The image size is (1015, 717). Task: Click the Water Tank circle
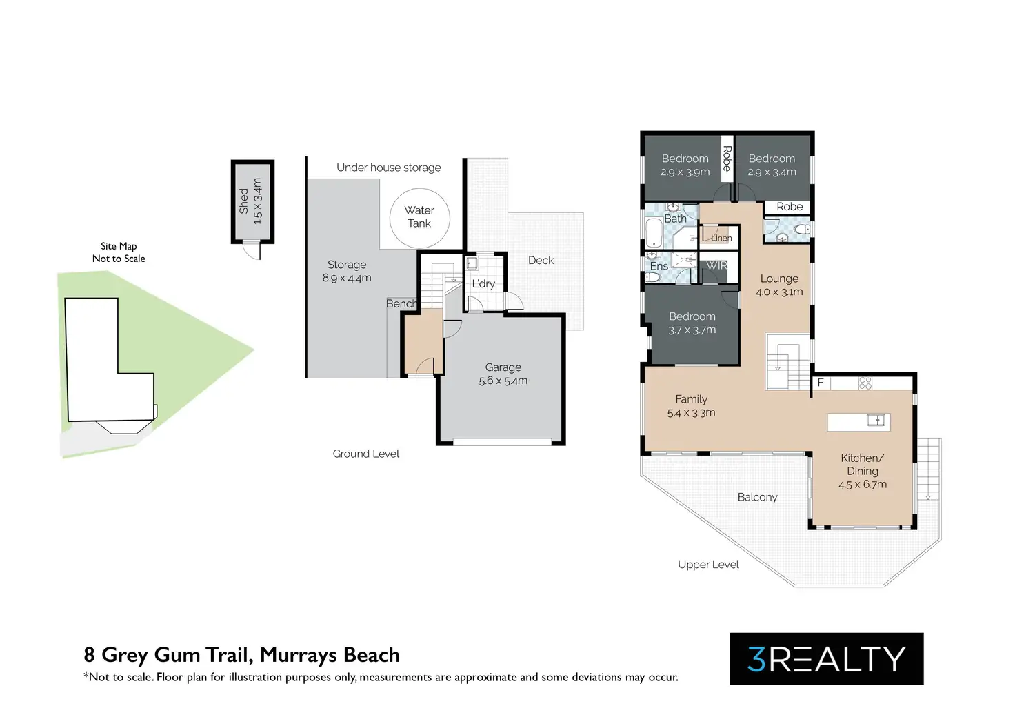pyautogui.click(x=419, y=217)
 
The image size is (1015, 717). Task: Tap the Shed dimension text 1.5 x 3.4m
pyautogui.click(x=258, y=201)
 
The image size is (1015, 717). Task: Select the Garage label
pyautogui.click(x=503, y=367)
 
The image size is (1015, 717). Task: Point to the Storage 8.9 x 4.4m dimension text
pyautogui.click(x=347, y=278)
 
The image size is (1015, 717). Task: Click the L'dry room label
pyautogui.click(x=483, y=283)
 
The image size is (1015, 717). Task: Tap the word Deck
pyautogui.click(x=541, y=260)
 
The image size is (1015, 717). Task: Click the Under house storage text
pyautogui.click(x=388, y=168)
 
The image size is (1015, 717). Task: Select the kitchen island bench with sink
pyautogui.click(x=858, y=421)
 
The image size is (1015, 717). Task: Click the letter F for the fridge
pyautogui.click(x=821, y=383)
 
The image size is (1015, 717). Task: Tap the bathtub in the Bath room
pyautogui.click(x=653, y=232)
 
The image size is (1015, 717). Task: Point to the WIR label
pyautogui.click(x=716, y=265)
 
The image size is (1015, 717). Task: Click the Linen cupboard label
pyautogui.click(x=721, y=238)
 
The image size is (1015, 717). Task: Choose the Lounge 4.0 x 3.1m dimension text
pyautogui.click(x=779, y=292)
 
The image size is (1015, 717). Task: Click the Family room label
pyautogui.click(x=691, y=399)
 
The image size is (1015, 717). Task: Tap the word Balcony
pyautogui.click(x=757, y=497)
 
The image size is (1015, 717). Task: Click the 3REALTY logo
pyautogui.click(x=826, y=658)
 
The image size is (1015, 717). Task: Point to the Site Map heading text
pyautogui.click(x=119, y=246)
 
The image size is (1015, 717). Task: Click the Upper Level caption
pyautogui.click(x=708, y=565)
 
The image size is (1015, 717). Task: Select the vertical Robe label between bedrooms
pyautogui.click(x=726, y=159)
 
